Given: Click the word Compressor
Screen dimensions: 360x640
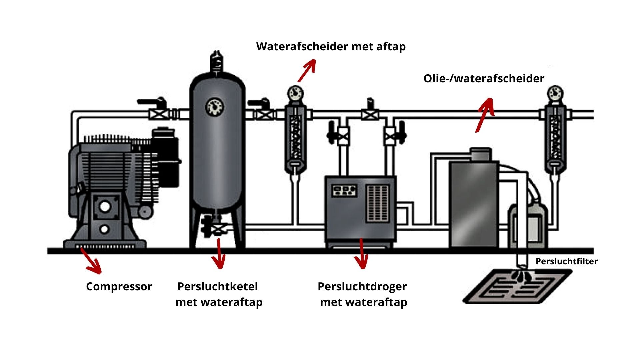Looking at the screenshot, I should [119, 287].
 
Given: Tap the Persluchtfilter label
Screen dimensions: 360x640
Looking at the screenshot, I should [566, 261].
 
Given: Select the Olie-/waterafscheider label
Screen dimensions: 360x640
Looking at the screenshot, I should [484, 79].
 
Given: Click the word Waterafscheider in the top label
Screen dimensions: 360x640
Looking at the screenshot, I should [302, 46].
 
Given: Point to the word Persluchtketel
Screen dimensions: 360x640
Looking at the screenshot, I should [217, 286].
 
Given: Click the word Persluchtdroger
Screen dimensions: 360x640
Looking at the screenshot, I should [362, 286].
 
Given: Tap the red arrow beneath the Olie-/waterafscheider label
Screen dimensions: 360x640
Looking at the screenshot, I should [484, 115].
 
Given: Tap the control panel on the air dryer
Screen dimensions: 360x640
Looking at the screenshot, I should [344, 190].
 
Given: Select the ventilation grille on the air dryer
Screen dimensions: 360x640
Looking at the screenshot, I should [378, 203].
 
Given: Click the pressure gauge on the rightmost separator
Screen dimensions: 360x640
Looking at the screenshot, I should [555, 93].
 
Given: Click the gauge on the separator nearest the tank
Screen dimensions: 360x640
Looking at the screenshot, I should [295, 93].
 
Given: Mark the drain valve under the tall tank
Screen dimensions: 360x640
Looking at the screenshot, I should [218, 229].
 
